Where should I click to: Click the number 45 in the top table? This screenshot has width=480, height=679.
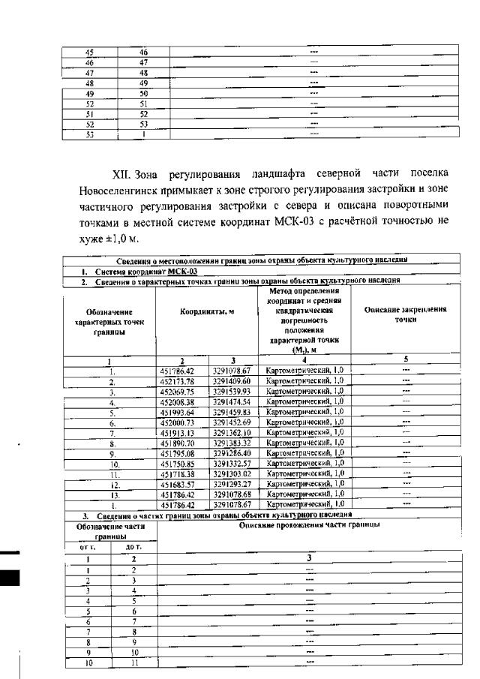(x=89, y=53)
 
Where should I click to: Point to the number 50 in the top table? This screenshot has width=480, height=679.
(x=143, y=93)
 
